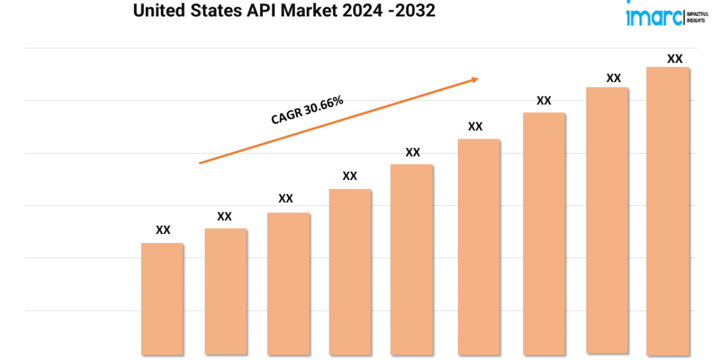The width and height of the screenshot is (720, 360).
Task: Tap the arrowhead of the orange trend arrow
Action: click(x=475, y=79)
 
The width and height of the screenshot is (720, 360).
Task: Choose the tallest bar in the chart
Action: click(x=667, y=211)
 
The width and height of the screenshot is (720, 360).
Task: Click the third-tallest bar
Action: click(x=544, y=233)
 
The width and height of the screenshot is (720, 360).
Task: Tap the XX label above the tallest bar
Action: click(x=675, y=59)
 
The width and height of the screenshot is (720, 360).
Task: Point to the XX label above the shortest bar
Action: click(x=163, y=230)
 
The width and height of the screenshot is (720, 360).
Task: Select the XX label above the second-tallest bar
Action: click(x=613, y=78)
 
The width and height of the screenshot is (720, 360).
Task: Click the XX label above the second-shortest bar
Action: click(x=224, y=216)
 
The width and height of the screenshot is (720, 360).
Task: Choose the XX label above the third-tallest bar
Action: click(x=544, y=101)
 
